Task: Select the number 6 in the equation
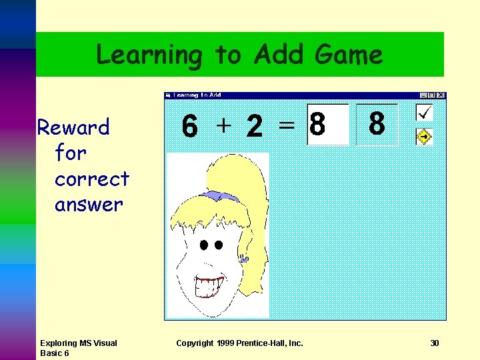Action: (189, 127)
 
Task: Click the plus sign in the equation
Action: (224, 125)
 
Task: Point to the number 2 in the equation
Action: (254, 127)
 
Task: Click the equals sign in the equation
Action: (286, 125)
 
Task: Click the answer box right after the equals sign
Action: (327, 125)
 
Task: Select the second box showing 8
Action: (377, 125)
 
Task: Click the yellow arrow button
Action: (424, 137)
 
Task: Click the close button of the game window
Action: (440, 95)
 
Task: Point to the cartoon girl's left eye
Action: (203, 245)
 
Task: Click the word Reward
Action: (73, 127)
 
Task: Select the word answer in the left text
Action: (89, 205)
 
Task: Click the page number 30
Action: (435, 343)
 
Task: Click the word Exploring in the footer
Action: (59, 343)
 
